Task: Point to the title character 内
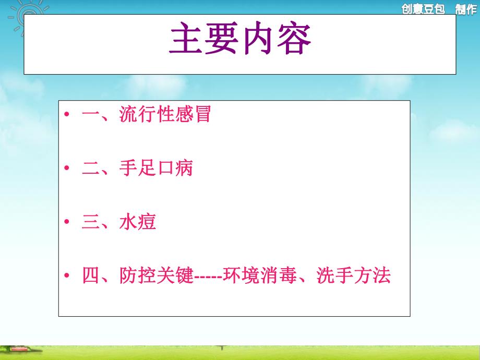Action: pyautogui.click(x=258, y=41)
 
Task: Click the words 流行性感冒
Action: pyautogui.click(x=165, y=114)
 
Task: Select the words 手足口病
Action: pyautogui.click(x=156, y=169)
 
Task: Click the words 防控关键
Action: pyautogui.click(x=156, y=276)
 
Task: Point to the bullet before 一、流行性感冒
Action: pyautogui.click(x=67, y=115)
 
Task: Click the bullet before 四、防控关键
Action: pyautogui.click(x=67, y=276)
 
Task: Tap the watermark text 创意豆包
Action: pyautogui.click(x=423, y=9)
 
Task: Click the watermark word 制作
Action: pyautogui.click(x=465, y=9)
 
